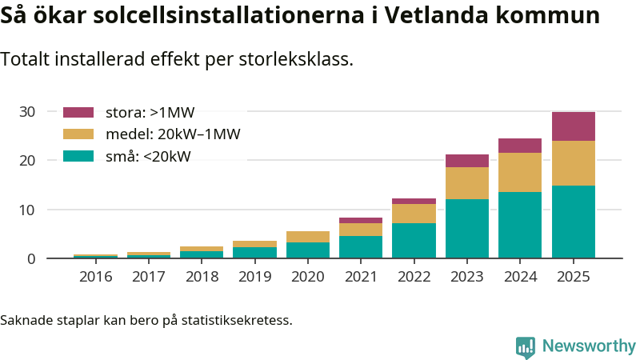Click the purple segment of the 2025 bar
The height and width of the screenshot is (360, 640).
pos(573,126)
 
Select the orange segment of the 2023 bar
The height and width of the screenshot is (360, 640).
pos(467,183)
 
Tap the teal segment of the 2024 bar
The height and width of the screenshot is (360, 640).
pos(520,225)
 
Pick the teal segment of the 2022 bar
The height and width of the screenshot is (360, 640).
pos(414,240)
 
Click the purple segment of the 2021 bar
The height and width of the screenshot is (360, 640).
pos(361,220)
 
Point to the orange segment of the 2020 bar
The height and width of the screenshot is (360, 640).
pos(308,237)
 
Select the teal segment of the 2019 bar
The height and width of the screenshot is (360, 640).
pos(254,253)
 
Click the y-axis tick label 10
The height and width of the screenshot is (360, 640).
pos(28,210)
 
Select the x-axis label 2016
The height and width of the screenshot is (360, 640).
pos(96,277)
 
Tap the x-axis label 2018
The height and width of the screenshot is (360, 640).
pos(202,277)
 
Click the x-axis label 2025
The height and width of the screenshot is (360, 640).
pos(573,277)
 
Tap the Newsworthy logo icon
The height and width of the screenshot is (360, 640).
pos(526,346)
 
